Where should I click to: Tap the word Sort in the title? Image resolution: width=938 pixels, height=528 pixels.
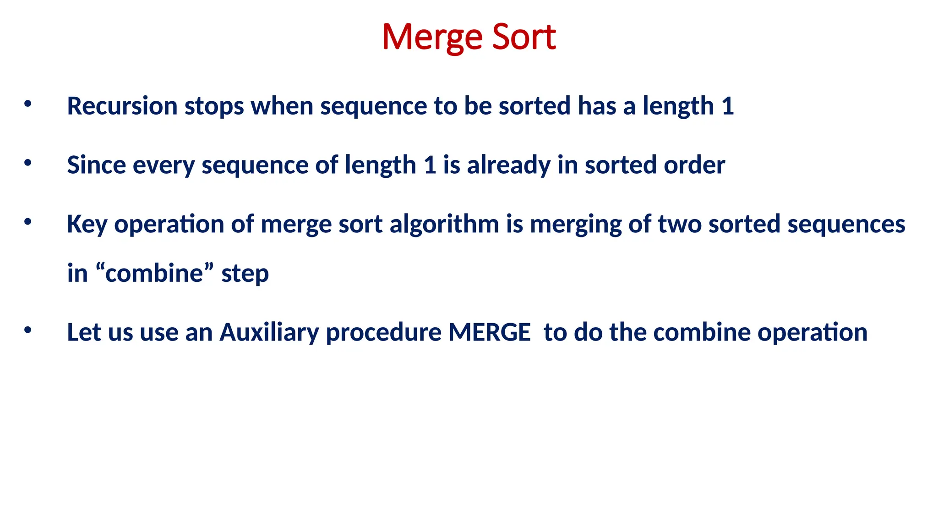(524, 37)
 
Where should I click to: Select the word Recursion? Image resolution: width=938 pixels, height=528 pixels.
(122, 106)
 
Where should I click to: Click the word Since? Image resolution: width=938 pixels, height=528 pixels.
(96, 165)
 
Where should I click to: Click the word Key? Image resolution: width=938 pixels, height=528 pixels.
(87, 225)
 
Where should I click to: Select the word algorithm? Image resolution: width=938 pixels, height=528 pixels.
(444, 225)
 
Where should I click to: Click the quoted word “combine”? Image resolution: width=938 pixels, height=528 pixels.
(155, 273)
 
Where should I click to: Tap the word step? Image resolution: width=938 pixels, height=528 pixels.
(245, 274)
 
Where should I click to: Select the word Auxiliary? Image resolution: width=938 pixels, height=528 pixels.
(269, 332)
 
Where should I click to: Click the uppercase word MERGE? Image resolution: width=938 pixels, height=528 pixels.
(489, 332)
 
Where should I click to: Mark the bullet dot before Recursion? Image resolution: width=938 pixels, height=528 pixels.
(28, 104)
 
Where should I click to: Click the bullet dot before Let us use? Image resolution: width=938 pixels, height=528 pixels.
(28, 330)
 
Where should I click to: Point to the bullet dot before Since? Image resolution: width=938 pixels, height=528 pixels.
(28, 163)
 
